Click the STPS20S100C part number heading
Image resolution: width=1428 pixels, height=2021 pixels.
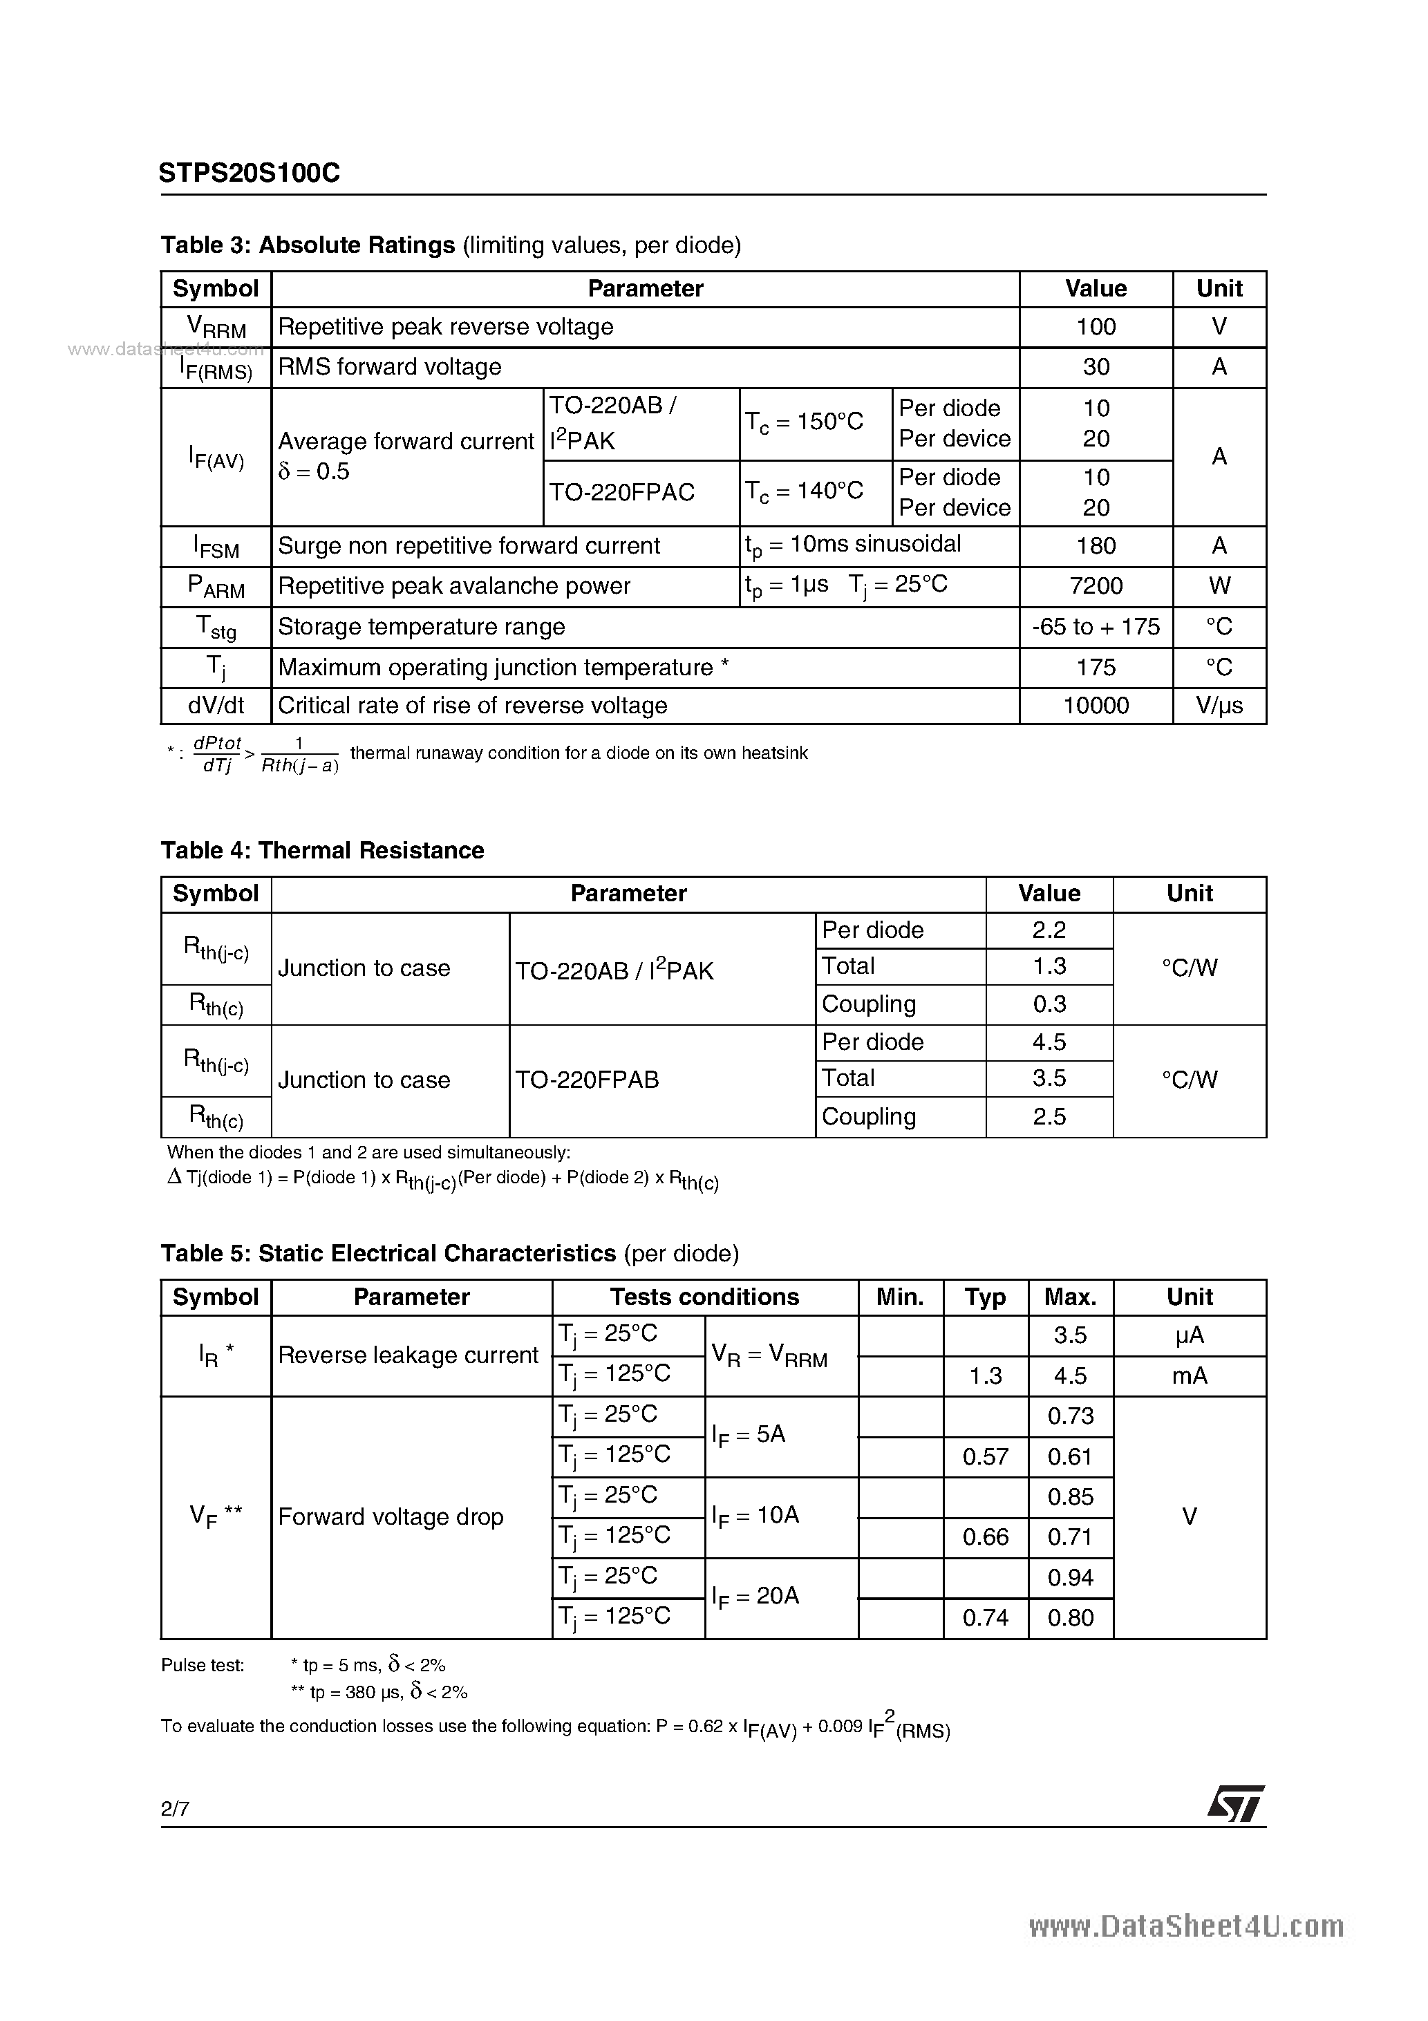click(x=249, y=173)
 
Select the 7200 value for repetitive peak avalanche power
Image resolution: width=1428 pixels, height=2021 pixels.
click(x=1096, y=586)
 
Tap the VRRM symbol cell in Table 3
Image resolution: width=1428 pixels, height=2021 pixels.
click(x=216, y=328)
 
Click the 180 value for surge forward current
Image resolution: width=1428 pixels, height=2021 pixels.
click(x=1096, y=546)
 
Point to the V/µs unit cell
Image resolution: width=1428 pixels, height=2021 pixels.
click(x=1219, y=706)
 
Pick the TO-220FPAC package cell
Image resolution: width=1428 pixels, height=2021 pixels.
click(x=621, y=492)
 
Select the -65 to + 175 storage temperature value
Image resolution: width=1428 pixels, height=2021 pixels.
click(x=1096, y=627)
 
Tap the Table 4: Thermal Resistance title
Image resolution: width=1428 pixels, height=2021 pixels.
click(x=322, y=850)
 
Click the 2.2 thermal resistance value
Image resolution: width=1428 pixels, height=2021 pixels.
click(x=1049, y=930)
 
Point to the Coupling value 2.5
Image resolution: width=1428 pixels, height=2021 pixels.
click(x=1049, y=1117)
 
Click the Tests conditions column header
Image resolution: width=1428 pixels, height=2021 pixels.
click(x=704, y=1297)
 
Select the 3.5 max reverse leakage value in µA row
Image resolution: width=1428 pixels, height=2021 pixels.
click(x=1070, y=1335)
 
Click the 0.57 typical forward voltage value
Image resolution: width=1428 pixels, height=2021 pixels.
click(x=984, y=1457)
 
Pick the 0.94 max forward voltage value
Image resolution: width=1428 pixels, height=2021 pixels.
click(x=1070, y=1577)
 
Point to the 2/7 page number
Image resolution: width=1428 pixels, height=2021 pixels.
click(x=175, y=1809)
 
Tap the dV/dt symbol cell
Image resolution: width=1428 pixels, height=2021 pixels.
click(x=216, y=706)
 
